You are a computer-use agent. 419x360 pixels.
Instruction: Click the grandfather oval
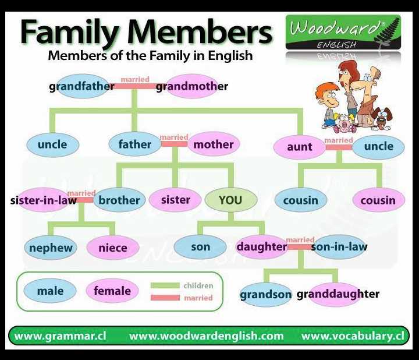[83, 86]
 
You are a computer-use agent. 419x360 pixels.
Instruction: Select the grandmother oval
[192, 86]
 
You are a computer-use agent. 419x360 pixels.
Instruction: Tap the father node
[135, 144]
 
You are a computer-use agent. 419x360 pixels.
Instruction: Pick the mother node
[214, 144]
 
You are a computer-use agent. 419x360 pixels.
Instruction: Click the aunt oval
[300, 147]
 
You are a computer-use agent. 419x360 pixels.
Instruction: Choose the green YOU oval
[230, 200]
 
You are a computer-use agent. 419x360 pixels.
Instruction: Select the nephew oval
[51, 248]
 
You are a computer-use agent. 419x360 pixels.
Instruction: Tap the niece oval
[113, 248]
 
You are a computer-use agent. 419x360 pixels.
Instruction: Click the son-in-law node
[339, 247]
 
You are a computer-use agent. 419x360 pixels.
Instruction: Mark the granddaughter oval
[335, 294]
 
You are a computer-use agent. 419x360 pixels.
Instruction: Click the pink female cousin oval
[379, 200]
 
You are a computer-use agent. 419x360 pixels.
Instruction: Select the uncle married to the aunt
[378, 147]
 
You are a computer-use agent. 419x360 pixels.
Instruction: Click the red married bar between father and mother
[174, 144]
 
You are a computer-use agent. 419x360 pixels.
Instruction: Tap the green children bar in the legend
[165, 285]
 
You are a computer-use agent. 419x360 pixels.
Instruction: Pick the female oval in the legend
[112, 291]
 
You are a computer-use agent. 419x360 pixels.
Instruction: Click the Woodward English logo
[343, 33]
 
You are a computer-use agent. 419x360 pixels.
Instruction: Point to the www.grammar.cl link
[60, 336]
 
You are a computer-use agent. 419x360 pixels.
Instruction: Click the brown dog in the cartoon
[382, 118]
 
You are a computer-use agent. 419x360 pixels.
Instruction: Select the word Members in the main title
[200, 32]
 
